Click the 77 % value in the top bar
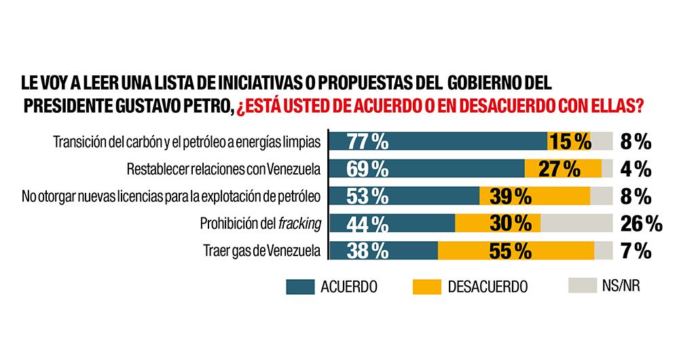point(367,141)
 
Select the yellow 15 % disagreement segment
point(570,141)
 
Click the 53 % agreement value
point(367,196)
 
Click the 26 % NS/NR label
point(640,223)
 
